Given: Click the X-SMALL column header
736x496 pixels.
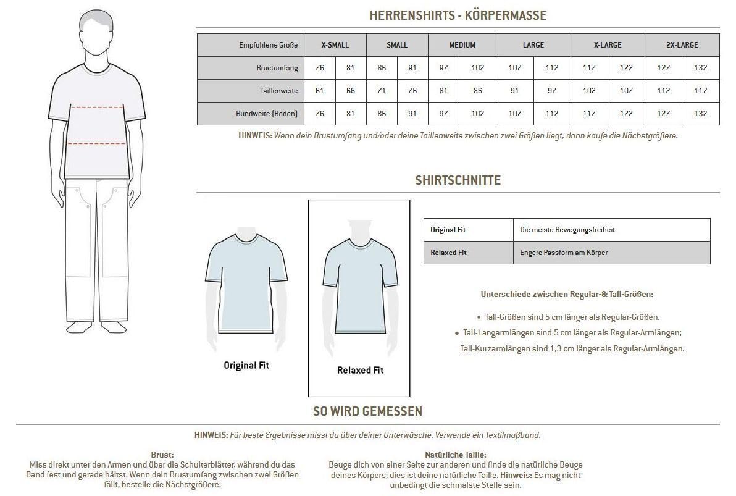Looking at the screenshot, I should [335, 45].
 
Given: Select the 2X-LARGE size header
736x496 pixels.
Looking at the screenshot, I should [682, 45].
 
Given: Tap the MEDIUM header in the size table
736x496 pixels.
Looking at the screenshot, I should [462, 45].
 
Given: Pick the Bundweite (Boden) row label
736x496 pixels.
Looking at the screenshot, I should [266, 114].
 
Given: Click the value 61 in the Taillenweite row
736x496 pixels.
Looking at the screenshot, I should [320, 91].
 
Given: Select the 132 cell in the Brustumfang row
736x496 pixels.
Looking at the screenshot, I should [700, 68].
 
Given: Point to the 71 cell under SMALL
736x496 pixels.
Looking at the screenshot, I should [382, 91].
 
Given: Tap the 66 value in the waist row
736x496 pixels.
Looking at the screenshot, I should [351, 91].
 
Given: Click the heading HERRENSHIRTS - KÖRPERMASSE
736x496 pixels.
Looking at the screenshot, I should [458, 15].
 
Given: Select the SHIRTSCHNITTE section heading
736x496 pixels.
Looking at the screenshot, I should [458, 180].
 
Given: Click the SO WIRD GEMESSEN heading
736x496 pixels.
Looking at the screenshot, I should [367, 411].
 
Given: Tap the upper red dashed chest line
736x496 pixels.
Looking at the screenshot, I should [98, 107].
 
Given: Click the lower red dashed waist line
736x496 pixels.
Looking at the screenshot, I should [98, 143].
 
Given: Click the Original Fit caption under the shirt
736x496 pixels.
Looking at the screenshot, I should [246, 365].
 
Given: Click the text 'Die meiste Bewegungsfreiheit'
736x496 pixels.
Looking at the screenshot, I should [567, 230].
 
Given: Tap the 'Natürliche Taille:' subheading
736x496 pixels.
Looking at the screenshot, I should [455, 455].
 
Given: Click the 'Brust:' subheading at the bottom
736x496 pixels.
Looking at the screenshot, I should [162, 455].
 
